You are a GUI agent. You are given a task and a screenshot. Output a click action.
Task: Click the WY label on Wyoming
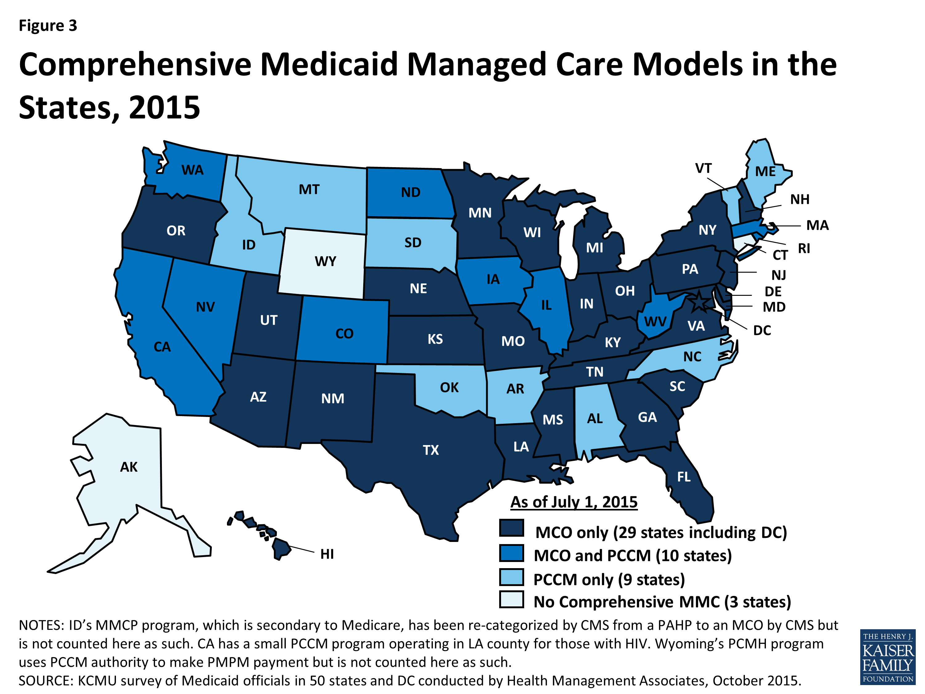[x=325, y=262]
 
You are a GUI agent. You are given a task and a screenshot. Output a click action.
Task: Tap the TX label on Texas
[x=430, y=450]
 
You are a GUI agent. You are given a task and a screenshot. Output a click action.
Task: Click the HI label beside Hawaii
[x=327, y=554]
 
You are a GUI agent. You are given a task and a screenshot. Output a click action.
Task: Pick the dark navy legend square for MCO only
[x=512, y=528]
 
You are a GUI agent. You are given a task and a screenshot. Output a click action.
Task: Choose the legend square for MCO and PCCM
[x=512, y=553]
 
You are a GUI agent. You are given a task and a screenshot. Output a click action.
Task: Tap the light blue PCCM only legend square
[x=512, y=577]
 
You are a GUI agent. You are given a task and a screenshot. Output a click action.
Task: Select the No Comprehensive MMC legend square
[x=512, y=599]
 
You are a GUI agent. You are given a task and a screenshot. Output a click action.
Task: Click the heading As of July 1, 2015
[x=574, y=502]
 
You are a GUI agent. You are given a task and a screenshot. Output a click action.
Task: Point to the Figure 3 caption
[x=48, y=26]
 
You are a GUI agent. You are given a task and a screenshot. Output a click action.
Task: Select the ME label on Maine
[x=765, y=171]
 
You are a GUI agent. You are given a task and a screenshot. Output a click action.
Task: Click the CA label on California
[x=162, y=347]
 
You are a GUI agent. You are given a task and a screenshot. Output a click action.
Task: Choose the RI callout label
[x=804, y=249]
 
